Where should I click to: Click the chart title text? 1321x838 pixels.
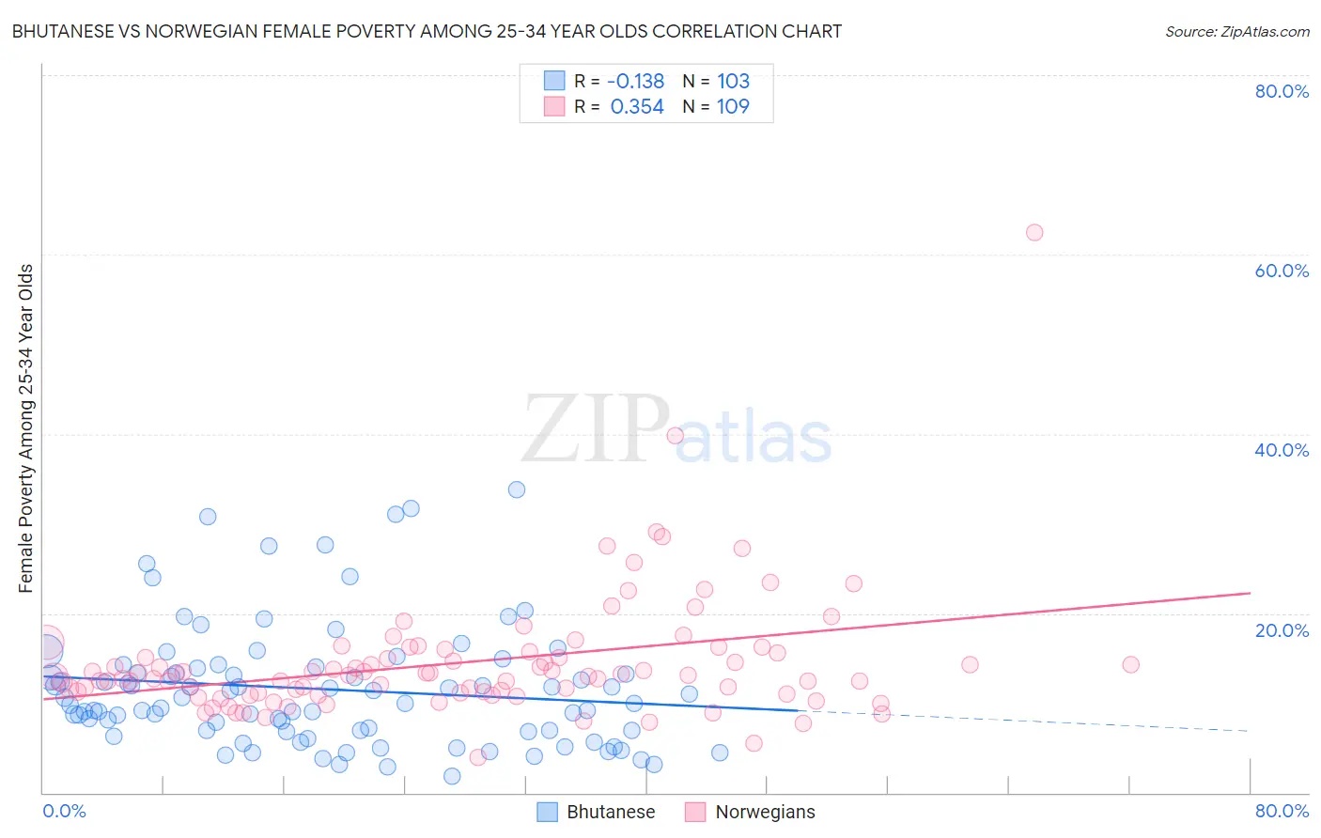[x=427, y=31]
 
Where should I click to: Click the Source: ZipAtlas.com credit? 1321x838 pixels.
[x=1236, y=31]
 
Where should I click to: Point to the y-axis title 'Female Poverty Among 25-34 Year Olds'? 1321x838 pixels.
[x=25, y=428]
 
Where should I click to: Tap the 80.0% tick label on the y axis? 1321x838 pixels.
[x=1281, y=91]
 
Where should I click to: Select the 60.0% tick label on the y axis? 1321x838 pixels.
[x=1281, y=271]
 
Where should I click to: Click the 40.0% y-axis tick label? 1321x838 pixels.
[x=1281, y=450]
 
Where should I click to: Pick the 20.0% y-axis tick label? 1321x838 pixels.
[x=1281, y=629]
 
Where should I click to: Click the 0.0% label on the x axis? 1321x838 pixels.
[x=64, y=811]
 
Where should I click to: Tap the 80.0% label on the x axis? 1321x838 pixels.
[x=1281, y=811]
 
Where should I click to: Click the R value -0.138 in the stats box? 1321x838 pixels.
[x=635, y=81]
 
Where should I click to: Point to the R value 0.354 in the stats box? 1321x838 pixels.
[x=637, y=106]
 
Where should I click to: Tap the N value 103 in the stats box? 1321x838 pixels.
[x=733, y=81]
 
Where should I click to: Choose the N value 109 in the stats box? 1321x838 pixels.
[x=733, y=106]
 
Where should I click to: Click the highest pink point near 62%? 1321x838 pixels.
[x=1034, y=232]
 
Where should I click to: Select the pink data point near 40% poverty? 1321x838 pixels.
[x=675, y=435]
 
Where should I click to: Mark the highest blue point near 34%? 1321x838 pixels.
[x=517, y=489]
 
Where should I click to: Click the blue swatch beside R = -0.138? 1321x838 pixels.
[x=554, y=81]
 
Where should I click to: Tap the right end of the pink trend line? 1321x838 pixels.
[x=1250, y=593]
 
